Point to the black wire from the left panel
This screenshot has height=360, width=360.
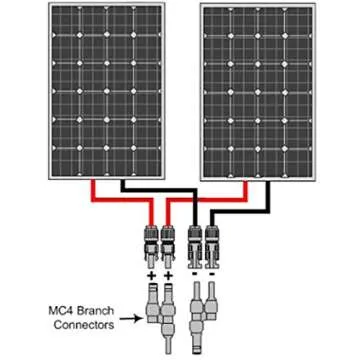tap(150, 186)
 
